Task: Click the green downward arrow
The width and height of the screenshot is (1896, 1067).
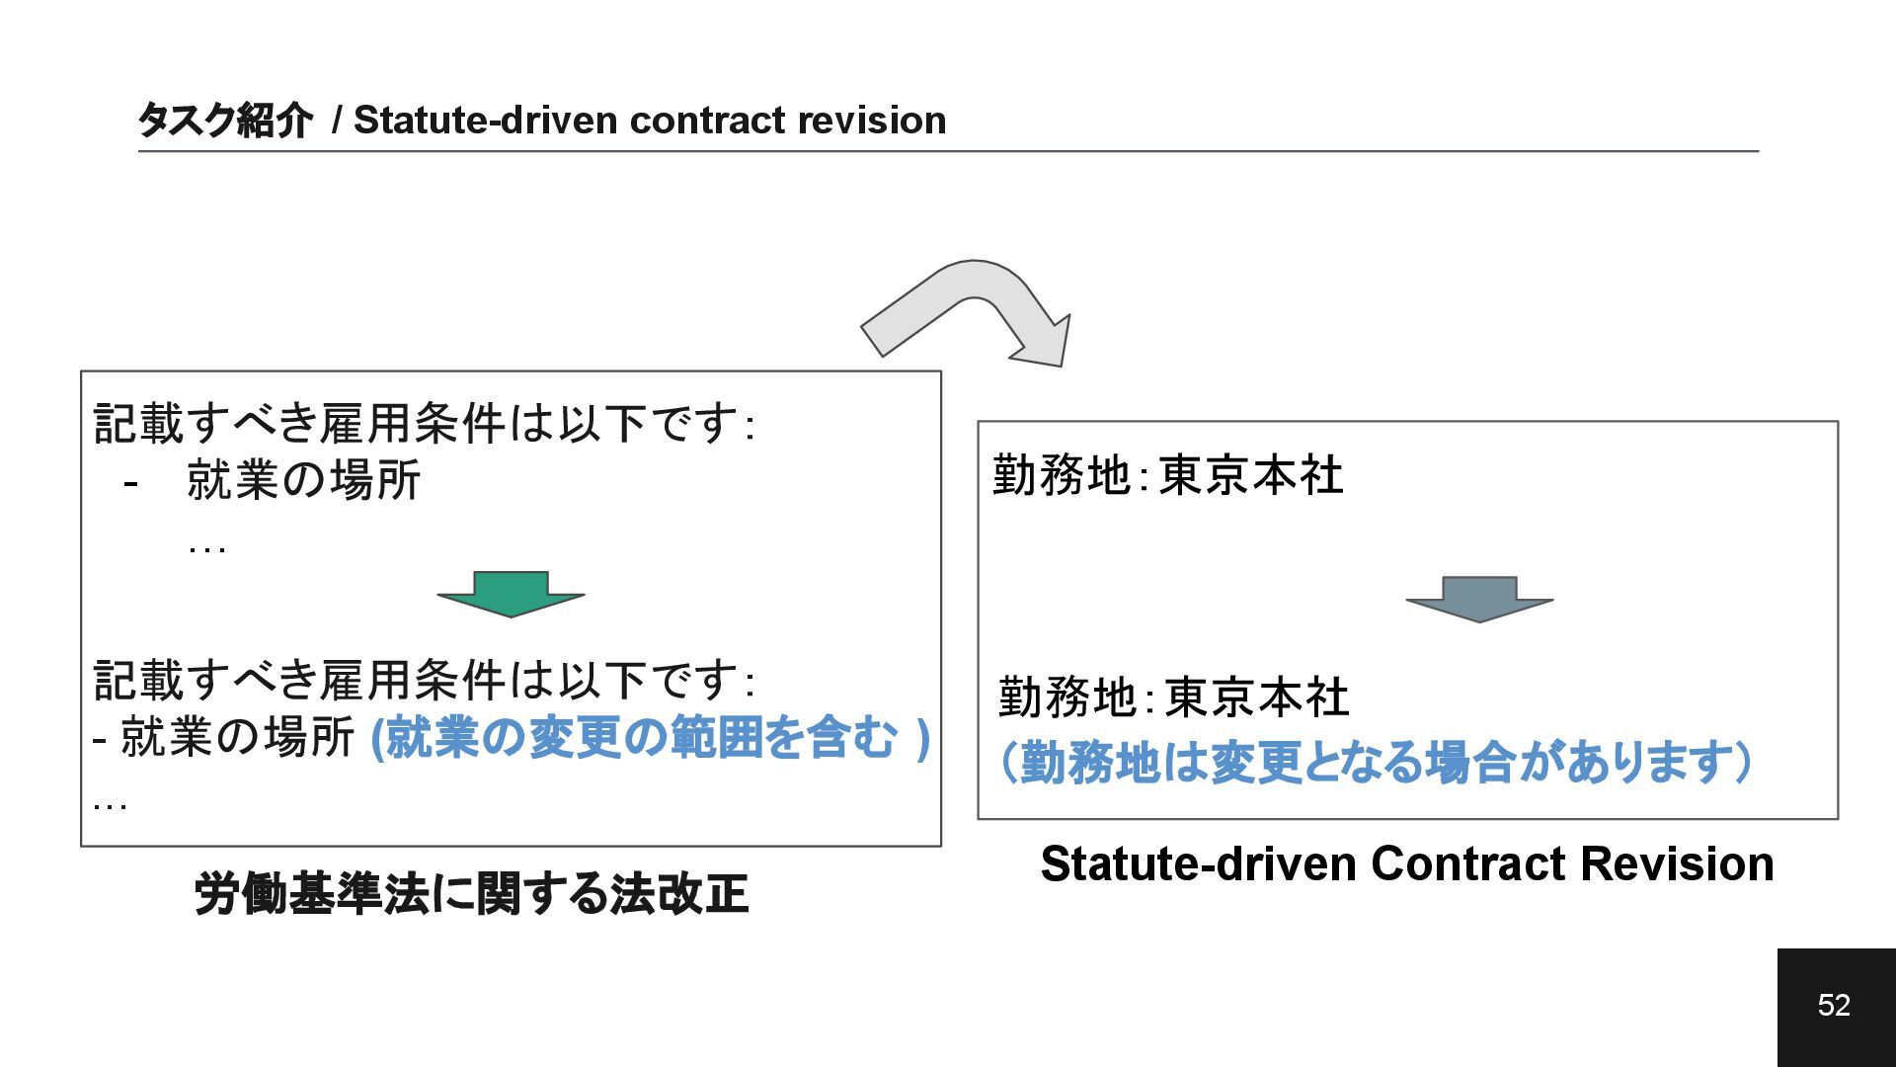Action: (511, 593)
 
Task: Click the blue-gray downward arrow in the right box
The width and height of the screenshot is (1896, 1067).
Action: (1479, 598)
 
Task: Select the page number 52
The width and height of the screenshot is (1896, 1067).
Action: (1834, 1005)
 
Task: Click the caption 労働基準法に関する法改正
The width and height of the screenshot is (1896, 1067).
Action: (471, 894)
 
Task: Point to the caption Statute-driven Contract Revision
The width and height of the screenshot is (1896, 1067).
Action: (1407, 863)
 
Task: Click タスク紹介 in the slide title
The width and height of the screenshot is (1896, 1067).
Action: (224, 121)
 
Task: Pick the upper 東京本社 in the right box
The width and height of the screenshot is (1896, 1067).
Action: (1250, 475)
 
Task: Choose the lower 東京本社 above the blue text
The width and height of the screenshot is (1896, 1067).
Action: (1256, 698)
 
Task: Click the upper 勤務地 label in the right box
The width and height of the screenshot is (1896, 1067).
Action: (1061, 475)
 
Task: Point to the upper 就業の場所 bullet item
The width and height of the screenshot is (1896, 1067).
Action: (303, 481)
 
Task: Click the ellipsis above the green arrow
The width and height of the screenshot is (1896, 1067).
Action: (207, 547)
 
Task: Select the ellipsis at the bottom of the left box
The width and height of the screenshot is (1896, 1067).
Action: (110, 804)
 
